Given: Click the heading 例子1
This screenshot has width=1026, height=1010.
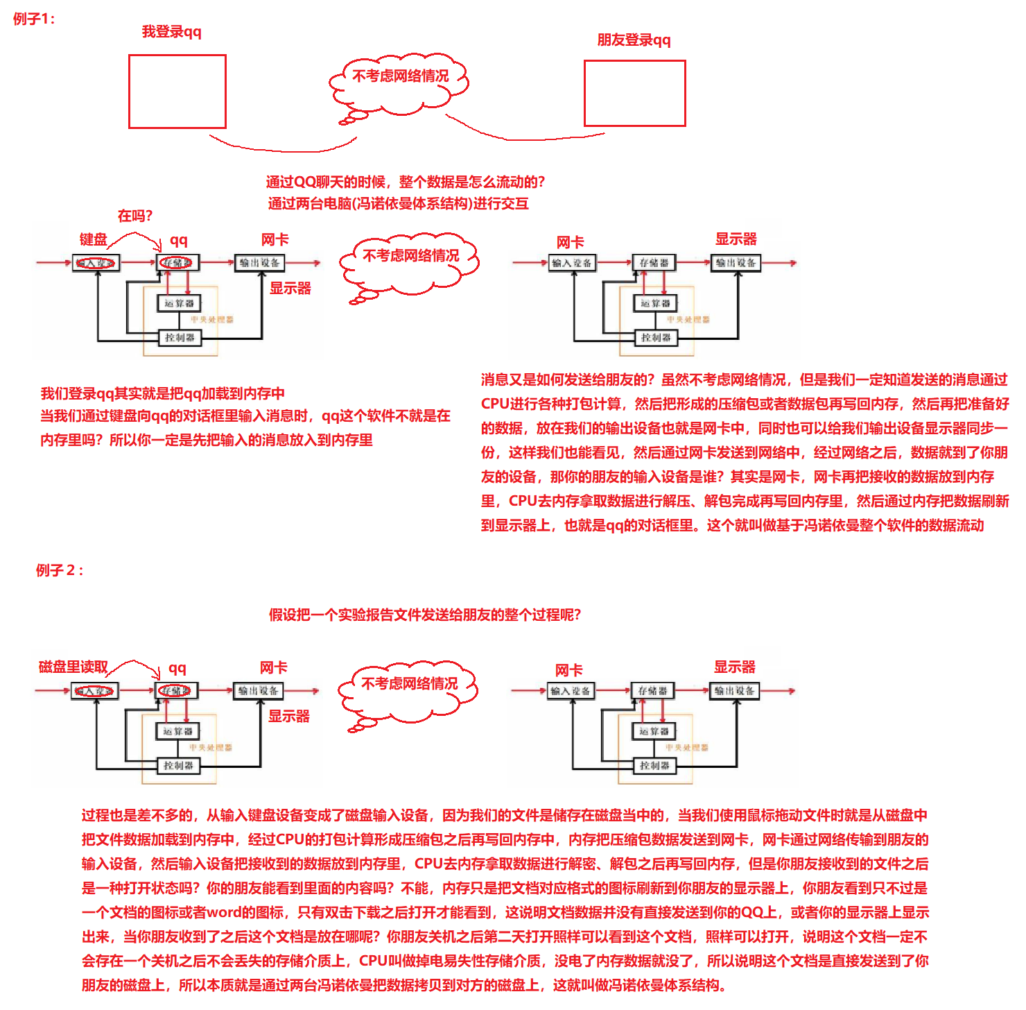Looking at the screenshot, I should point(34,19).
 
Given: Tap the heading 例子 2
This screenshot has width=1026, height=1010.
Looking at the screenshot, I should point(60,570).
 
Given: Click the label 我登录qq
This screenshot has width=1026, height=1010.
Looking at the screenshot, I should point(171,32).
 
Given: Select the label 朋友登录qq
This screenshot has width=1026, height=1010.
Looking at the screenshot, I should point(634,40).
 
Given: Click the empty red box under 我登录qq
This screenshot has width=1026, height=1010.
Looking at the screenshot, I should point(177,92).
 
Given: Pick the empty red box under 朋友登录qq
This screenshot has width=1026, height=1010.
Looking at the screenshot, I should point(634,94).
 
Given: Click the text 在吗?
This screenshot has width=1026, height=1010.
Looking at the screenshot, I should point(134,216).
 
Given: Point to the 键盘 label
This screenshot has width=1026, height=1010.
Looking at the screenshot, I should point(93,240).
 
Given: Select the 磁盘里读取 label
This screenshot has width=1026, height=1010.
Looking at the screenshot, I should point(73,667).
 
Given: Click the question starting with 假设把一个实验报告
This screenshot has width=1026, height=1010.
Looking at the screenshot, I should point(424,615).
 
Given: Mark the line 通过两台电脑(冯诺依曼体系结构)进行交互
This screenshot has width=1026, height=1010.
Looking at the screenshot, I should point(398,204).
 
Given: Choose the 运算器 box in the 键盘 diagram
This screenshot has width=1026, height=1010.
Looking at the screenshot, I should point(180,303).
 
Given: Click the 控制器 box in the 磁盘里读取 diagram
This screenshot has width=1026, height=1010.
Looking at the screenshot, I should point(178,766).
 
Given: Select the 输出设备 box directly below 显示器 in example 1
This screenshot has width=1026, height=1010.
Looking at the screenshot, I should point(736,263).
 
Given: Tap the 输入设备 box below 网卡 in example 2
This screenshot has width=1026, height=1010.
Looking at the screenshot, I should point(571,691).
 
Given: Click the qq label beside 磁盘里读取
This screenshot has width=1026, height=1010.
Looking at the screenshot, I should point(177,669).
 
